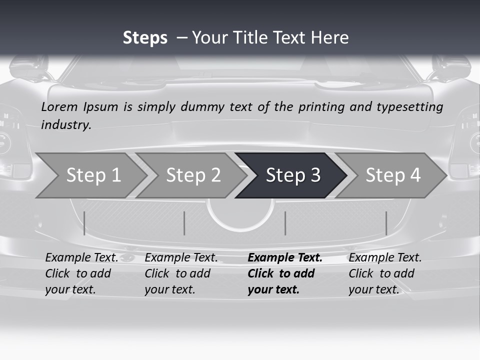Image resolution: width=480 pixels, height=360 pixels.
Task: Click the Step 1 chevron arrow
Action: pyautogui.click(x=92, y=175)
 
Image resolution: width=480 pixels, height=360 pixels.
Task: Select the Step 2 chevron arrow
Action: pyautogui.click(x=192, y=175)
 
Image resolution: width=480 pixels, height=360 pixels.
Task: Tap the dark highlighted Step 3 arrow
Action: pyautogui.click(x=292, y=175)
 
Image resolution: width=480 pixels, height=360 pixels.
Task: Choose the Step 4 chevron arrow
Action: pyautogui.click(x=392, y=175)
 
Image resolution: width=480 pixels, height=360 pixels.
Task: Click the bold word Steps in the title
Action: pyautogui.click(x=145, y=37)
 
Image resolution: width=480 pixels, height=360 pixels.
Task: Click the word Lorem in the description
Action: pyautogui.click(x=59, y=106)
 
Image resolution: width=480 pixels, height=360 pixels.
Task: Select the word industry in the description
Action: pyautogui.click(x=66, y=125)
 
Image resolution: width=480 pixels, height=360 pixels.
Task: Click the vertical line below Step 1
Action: pyautogui.click(x=84, y=223)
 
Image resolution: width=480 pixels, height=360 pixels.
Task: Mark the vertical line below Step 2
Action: pyautogui.click(x=184, y=223)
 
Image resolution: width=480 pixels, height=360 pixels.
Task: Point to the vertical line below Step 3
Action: pyautogui.click(x=285, y=223)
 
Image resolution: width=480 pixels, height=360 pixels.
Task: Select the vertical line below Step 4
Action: pyautogui.click(x=386, y=223)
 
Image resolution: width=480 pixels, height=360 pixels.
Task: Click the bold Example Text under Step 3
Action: pyautogui.click(x=285, y=258)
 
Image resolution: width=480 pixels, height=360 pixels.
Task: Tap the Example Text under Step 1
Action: pyautogui.click(x=81, y=258)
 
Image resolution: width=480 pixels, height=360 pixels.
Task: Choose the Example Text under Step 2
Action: pyautogui.click(x=181, y=258)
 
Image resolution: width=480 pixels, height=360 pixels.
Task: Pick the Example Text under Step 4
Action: pyautogui.click(x=385, y=258)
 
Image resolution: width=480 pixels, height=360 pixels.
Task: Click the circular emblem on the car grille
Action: pyautogui.click(x=240, y=212)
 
